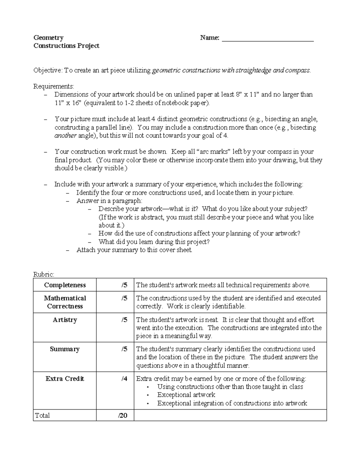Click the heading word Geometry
tap(48, 38)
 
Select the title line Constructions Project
tap(66, 46)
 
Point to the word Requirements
tap(53, 87)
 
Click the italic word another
tap(65, 136)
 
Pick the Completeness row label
tap(65, 285)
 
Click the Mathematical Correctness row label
tap(65, 302)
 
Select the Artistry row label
tap(65, 320)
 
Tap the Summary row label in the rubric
tap(65, 349)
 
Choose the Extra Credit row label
tap(65, 379)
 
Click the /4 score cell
tap(124, 379)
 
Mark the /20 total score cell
tap(122, 416)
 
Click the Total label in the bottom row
tap(42, 416)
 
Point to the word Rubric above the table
tap(43, 274)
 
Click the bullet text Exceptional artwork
tap(186, 395)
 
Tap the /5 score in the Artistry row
tap(124, 320)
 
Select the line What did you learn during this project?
tap(154, 242)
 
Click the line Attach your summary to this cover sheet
tap(134, 250)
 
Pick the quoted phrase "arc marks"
tap(214, 152)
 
